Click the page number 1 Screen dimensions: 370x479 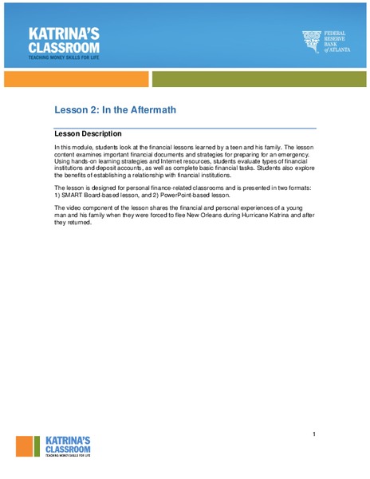tap(314, 433)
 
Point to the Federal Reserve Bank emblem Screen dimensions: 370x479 tap(311, 41)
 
